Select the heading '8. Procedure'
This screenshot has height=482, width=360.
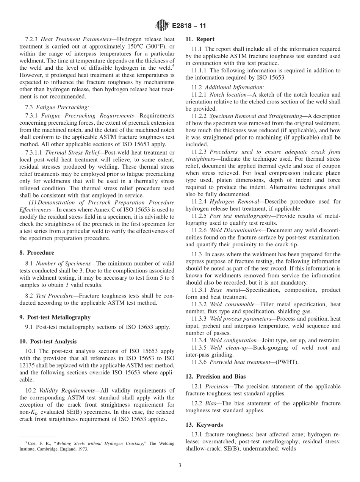(x=37, y=253)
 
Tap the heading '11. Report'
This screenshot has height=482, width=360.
(x=200, y=39)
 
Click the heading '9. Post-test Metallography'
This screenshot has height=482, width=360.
(x=55, y=317)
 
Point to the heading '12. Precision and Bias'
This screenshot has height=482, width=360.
(x=215, y=377)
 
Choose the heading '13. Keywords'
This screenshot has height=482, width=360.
(x=204, y=425)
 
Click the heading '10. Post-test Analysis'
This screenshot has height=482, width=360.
(x=48, y=341)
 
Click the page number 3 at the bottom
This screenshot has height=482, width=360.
(x=180, y=466)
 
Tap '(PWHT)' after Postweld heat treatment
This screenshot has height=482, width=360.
(x=290, y=362)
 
